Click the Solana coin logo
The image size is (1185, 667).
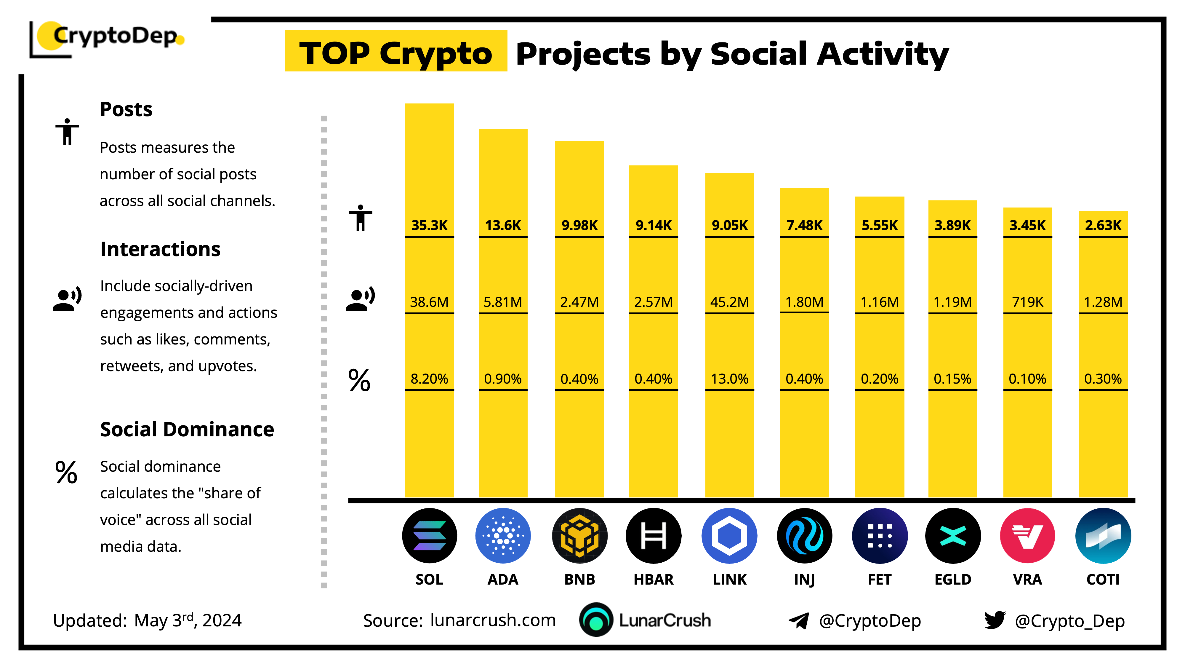(x=429, y=536)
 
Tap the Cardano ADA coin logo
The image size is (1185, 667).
(x=503, y=536)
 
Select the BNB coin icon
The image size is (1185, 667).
(x=580, y=536)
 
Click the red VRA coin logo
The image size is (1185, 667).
(x=1027, y=536)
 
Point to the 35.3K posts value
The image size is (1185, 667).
(x=429, y=225)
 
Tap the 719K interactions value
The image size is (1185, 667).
(x=1027, y=302)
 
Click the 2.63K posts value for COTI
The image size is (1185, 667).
(x=1103, y=225)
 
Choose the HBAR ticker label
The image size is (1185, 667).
(x=653, y=579)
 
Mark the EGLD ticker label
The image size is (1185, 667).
(x=953, y=579)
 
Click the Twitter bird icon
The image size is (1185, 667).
(x=995, y=620)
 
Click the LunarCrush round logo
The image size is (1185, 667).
(x=596, y=620)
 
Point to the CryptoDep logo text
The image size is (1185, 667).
(x=115, y=36)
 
